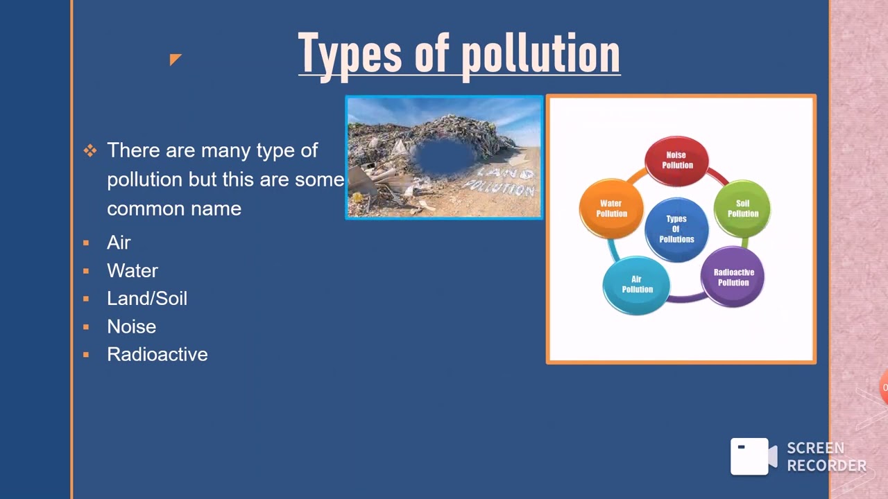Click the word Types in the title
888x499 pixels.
click(x=350, y=54)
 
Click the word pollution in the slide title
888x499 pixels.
click(x=540, y=54)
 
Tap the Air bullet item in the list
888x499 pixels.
click(x=119, y=243)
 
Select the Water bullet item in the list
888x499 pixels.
click(x=133, y=270)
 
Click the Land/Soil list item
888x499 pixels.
click(x=147, y=298)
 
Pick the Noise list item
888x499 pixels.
click(x=131, y=326)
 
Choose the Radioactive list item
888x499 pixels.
click(x=157, y=354)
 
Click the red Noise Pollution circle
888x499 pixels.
click(x=676, y=160)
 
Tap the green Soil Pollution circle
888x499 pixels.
click(x=742, y=208)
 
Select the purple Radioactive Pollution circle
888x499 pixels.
click(x=733, y=277)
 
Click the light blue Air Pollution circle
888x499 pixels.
click(x=637, y=284)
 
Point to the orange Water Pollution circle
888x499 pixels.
click(x=611, y=208)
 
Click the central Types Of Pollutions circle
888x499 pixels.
click(x=676, y=229)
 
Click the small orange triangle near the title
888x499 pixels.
click(x=174, y=59)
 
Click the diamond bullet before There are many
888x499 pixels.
click(x=90, y=150)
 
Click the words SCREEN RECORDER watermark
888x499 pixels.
click(x=826, y=457)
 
